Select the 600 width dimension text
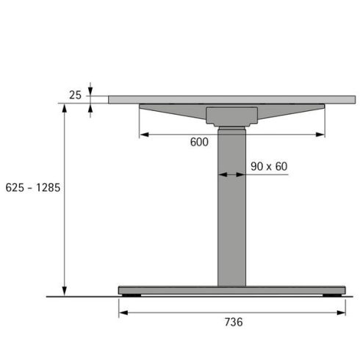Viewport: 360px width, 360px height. coord(199,143)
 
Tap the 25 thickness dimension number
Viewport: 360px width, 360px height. coord(75,95)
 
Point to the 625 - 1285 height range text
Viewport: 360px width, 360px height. coord(32,187)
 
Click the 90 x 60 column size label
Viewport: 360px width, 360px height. coord(268,167)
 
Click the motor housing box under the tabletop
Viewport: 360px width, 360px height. coord(231,115)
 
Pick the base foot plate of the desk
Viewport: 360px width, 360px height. coord(231,290)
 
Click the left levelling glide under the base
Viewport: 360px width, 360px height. coord(133,295)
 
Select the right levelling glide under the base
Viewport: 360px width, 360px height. coord(331,295)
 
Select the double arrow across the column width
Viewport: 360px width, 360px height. coord(231,175)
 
